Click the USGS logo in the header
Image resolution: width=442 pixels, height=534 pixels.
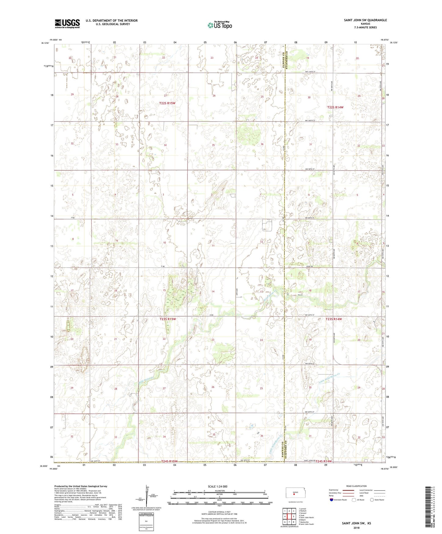pyautogui.click(x=67, y=24)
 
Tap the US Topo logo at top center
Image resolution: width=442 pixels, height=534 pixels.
pyautogui.click(x=219, y=25)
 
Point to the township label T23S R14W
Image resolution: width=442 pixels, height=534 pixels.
pyautogui.click(x=333, y=319)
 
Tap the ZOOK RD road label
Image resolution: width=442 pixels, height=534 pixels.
pyautogui.click(x=310, y=266)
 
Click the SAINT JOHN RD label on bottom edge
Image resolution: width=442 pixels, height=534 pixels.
pyautogui.click(x=309, y=460)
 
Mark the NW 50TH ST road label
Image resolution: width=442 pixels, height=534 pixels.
pyautogui.click(x=310, y=363)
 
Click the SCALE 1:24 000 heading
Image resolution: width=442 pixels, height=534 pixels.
pyautogui.click(x=219, y=486)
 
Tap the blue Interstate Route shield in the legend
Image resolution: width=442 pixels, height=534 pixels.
pyautogui.click(x=332, y=500)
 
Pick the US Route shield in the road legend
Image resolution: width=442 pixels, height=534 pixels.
pyautogui.click(x=354, y=500)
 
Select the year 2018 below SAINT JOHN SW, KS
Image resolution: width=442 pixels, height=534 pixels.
pyautogui.click(x=356, y=527)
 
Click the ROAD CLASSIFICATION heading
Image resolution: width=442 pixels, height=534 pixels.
pyautogui.click(x=356, y=486)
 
